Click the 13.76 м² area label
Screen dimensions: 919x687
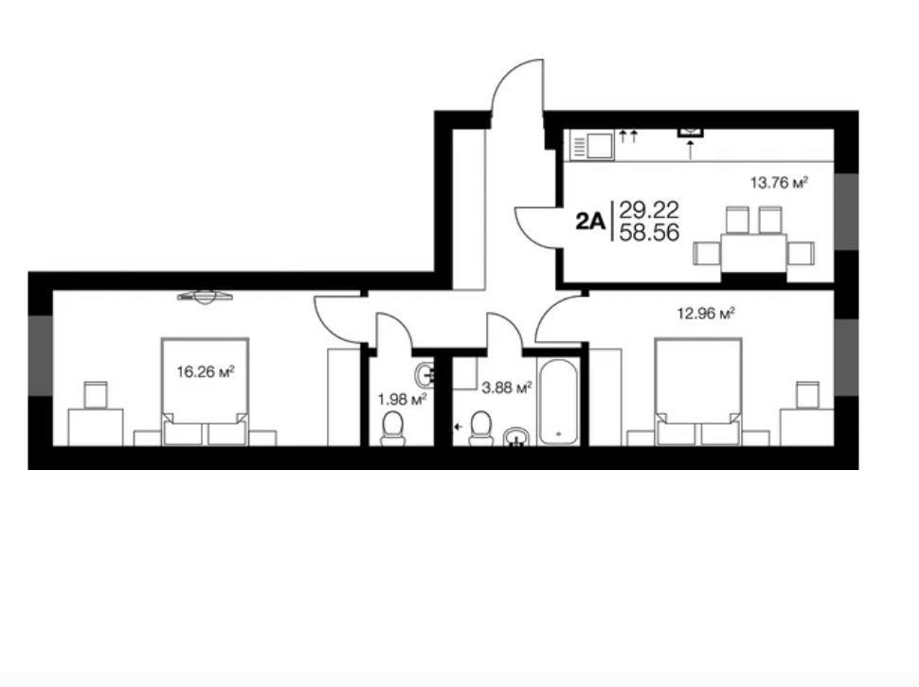point(779,183)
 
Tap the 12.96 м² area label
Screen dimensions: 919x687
point(706,314)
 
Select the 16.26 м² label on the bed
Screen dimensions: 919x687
point(206,371)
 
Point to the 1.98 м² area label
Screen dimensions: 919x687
point(402,400)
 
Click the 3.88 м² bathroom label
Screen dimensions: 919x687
point(506,388)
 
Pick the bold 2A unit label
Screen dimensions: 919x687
point(590,221)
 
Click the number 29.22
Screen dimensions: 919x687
point(649,209)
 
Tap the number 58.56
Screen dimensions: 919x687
point(649,233)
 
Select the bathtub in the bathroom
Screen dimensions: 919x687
point(559,402)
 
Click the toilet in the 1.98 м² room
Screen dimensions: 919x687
point(392,428)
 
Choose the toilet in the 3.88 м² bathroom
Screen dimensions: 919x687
point(481,428)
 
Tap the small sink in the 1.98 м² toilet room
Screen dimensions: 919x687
point(425,373)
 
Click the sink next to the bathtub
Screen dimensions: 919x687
point(515,437)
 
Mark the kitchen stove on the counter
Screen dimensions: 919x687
point(592,145)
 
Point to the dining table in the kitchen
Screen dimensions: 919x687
point(754,253)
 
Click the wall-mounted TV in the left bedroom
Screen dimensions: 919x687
point(206,297)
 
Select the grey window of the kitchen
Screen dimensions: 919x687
point(846,211)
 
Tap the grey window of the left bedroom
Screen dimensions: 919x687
point(41,355)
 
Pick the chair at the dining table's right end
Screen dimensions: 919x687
point(802,253)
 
